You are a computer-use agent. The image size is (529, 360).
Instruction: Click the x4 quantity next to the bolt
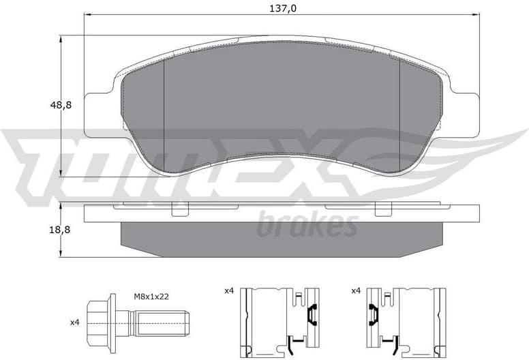[x=76, y=322]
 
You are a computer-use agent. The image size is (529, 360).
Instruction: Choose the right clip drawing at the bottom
[x=406, y=321]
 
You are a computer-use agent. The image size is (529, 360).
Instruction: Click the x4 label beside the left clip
[x=230, y=291]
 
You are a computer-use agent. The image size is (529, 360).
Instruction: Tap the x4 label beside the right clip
[x=355, y=291]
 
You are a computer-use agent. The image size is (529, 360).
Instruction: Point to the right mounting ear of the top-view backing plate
[x=464, y=112]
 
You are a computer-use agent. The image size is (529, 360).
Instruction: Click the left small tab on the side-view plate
[x=179, y=210]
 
